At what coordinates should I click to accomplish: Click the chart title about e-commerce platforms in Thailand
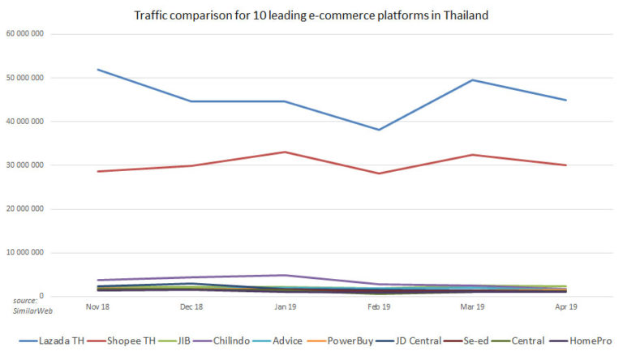coord(311,15)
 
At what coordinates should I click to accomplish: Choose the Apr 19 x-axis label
coord(565,307)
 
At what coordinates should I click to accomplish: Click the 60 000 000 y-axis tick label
coord(24,34)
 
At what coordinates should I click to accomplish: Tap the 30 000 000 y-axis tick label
coord(24,165)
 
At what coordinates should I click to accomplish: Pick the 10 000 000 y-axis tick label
coord(24,253)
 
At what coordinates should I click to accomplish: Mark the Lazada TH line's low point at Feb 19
coord(378,130)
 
